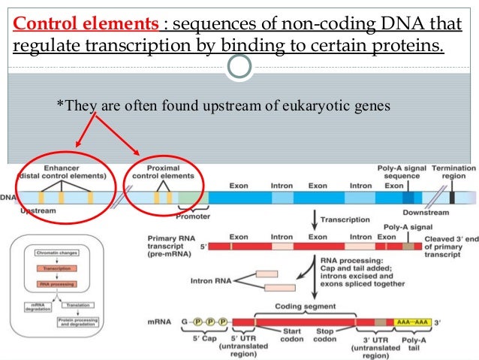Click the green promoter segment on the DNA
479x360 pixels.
tap(191, 198)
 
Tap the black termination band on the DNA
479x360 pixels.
tap(452, 198)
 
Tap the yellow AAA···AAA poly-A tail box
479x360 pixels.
tap(411, 322)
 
